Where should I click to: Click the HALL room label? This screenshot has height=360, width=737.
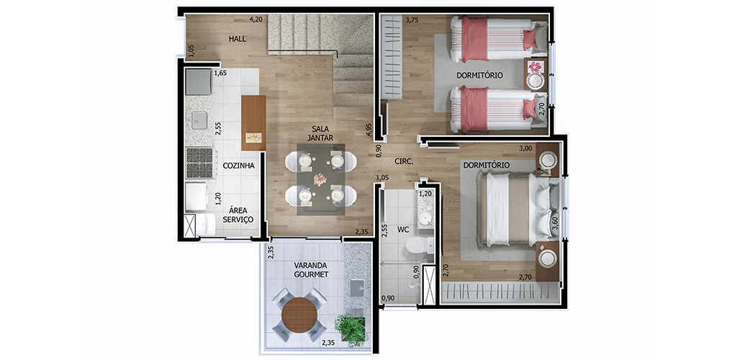click(238, 39)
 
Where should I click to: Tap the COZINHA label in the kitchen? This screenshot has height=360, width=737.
click(239, 166)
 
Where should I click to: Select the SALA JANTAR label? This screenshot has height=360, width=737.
click(320, 133)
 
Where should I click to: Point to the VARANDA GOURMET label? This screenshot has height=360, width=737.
click(311, 269)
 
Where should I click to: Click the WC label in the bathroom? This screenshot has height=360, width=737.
click(403, 230)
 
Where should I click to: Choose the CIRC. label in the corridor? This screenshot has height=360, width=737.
click(404, 161)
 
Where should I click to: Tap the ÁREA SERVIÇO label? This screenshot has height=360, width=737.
click(241, 215)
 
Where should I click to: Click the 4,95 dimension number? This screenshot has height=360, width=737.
click(369, 130)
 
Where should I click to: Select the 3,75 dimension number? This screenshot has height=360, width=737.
click(412, 19)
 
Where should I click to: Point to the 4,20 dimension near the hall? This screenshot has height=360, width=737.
click(256, 19)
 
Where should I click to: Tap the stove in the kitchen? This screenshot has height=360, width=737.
click(199, 163)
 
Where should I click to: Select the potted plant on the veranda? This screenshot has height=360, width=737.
click(351, 330)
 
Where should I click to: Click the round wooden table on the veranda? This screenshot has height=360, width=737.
click(300, 315)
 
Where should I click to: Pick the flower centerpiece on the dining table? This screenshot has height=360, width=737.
click(320, 179)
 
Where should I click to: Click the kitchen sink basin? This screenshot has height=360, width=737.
click(199, 120)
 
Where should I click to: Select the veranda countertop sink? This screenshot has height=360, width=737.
click(357, 286)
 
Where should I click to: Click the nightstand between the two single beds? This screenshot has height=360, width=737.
click(535, 74)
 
